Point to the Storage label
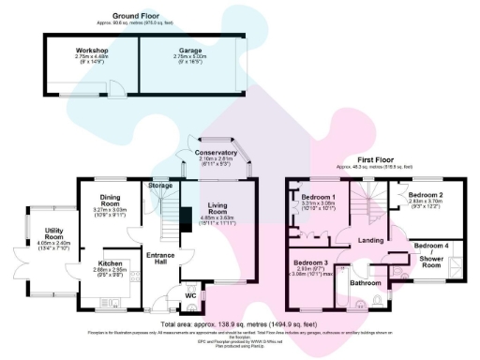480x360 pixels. [160, 187]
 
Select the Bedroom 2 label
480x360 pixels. [425, 194]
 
